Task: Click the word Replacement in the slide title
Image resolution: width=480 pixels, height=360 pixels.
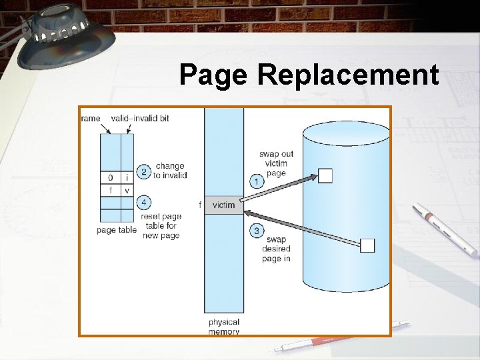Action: (348, 75)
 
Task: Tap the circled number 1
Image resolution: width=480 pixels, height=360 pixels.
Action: (256, 181)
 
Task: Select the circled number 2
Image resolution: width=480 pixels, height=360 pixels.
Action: (143, 171)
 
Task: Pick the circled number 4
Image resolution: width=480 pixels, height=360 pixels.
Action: (143, 203)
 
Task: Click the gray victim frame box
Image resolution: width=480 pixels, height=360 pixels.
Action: (224, 205)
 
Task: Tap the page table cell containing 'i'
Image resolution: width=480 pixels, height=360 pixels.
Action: (127, 178)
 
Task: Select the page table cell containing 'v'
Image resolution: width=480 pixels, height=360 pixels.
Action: (127, 191)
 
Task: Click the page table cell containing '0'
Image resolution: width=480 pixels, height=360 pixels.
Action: (110, 178)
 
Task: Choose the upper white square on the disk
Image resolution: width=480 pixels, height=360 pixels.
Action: (325, 175)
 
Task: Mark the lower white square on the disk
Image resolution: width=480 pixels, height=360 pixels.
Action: (367, 245)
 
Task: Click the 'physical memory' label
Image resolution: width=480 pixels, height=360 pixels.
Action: (224, 327)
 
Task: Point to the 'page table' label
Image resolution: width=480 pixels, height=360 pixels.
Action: (116, 230)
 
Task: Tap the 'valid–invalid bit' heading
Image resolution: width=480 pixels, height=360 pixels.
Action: (140, 118)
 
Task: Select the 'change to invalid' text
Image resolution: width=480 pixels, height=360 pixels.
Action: (170, 171)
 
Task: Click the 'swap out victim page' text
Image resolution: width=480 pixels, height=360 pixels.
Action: (275, 163)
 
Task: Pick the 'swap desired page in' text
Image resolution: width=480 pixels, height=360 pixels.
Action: (276, 249)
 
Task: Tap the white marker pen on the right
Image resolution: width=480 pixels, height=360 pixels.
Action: (445, 230)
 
